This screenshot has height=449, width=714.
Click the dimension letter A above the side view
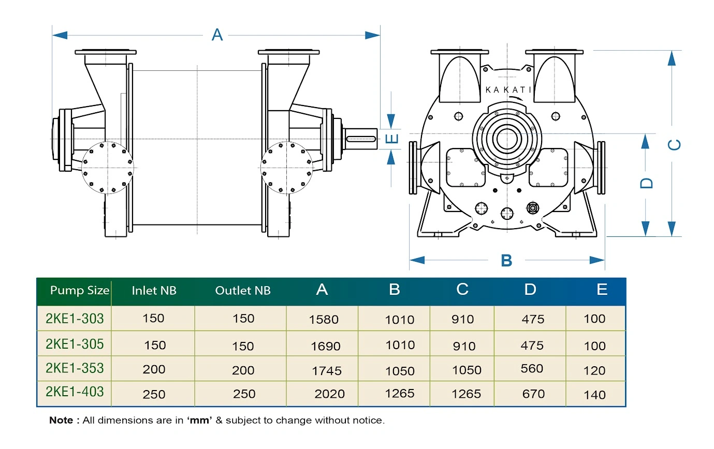[217, 35]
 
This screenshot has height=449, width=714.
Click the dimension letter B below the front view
[506, 260]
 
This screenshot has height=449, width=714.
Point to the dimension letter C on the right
[674, 145]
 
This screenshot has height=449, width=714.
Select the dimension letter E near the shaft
[394, 138]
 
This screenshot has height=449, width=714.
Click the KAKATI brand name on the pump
[508, 89]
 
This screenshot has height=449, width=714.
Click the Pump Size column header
[80, 290]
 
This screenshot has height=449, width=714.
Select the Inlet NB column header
[154, 291]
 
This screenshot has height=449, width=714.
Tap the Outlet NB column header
[243, 291]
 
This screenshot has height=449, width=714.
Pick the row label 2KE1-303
[75, 318]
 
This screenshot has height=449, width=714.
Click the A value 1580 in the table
[324, 319]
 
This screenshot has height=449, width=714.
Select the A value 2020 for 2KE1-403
[329, 394]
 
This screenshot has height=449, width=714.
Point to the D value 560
[532, 369]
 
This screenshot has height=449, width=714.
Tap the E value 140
[594, 395]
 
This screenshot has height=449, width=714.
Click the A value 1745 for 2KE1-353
[327, 371]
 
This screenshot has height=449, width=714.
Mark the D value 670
[533, 394]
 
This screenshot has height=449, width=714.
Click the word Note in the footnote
[61, 421]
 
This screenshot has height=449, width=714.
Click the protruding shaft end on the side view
[361, 138]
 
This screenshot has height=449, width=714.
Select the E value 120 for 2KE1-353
[594, 371]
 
